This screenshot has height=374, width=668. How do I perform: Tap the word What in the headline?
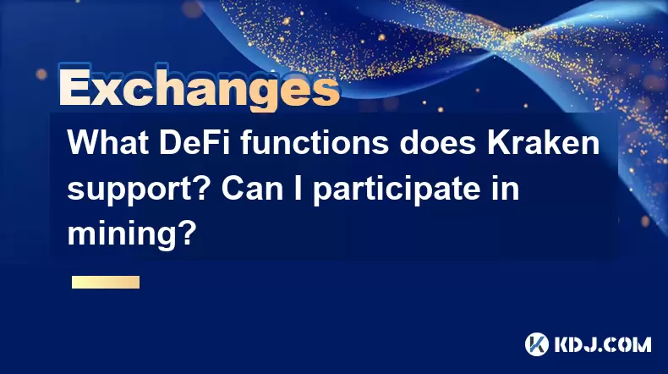108,142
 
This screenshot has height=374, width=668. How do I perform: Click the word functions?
315,142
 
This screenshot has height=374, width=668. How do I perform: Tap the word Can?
253,188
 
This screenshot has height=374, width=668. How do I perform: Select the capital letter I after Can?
298,188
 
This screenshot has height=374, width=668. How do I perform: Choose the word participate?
399,190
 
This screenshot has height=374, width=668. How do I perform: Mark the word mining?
132,235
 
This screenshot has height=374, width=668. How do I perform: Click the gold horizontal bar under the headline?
106,282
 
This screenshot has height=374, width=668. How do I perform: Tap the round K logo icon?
537,344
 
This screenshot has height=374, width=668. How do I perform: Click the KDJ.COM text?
602,344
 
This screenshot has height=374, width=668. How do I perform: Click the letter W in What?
84,142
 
